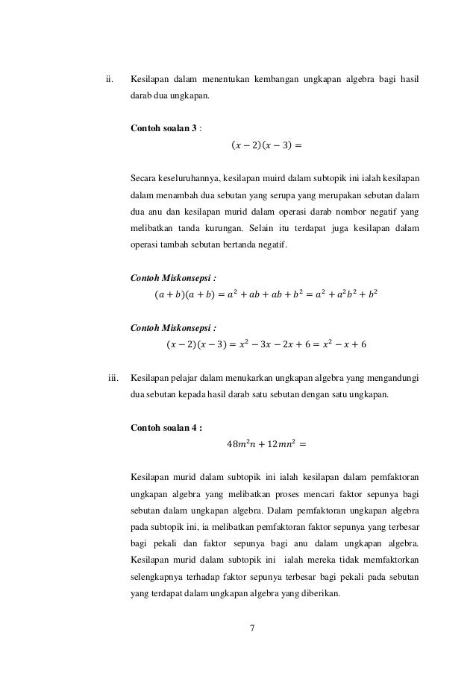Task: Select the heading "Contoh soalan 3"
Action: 163,128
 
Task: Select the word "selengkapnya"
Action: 156,578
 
